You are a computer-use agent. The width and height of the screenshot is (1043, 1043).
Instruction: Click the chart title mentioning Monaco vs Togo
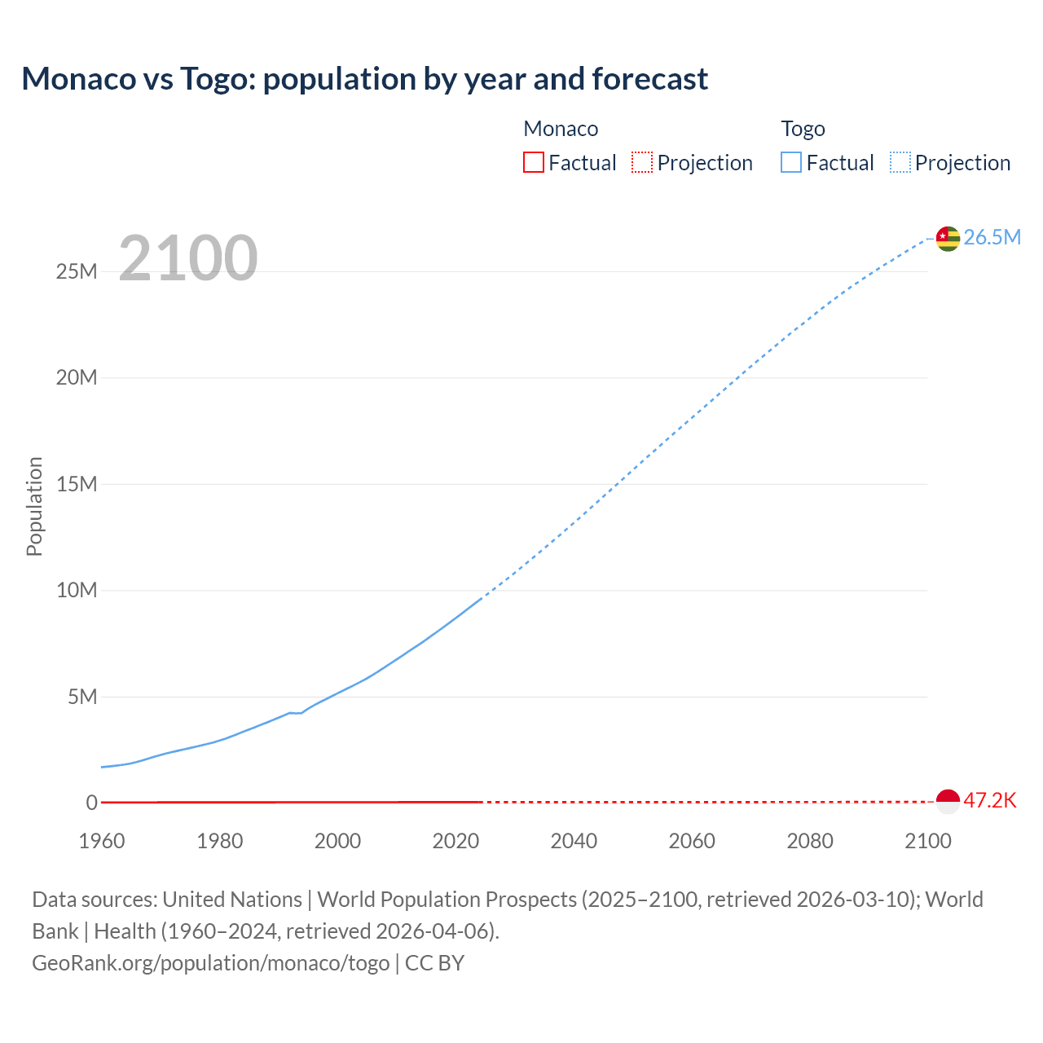[x=364, y=79]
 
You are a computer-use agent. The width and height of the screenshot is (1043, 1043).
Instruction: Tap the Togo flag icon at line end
[x=948, y=238]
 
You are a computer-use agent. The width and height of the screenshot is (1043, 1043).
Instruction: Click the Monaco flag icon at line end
[x=948, y=801]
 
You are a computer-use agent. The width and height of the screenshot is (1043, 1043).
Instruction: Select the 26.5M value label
[x=992, y=237]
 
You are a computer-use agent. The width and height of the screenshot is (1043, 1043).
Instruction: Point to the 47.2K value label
[x=990, y=800]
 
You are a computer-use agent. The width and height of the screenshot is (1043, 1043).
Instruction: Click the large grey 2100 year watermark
[x=188, y=258]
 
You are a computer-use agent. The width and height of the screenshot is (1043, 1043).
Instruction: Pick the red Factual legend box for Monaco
[x=534, y=162]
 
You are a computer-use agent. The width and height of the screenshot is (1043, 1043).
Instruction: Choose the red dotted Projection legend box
[x=642, y=162]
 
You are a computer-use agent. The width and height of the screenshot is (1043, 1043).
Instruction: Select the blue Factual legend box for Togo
[x=791, y=162]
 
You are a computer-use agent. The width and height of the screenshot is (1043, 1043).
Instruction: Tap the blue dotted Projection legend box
[x=900, y=162]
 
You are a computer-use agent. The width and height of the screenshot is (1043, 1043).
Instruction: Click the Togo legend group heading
[x=803, y=129]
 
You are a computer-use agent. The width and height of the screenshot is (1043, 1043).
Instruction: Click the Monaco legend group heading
[x=561, y=129]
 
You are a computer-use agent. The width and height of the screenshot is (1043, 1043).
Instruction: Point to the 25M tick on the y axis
[x=77, y=271]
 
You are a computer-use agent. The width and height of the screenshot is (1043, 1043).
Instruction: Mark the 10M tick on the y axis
[x=77, y=590]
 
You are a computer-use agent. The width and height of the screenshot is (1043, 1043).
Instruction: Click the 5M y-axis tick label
[x=82, y=697]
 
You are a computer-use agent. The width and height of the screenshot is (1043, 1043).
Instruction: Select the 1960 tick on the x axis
[x=102, y=841]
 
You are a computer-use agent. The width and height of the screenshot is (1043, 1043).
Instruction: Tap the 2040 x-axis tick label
[x=574, y=841]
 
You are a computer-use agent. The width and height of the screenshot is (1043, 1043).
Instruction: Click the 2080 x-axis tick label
[x=810, y=841]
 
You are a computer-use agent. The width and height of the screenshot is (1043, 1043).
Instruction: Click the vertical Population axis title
[x=34, y=506]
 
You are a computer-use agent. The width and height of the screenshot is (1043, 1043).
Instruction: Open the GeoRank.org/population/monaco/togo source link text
[x=211, y=963]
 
